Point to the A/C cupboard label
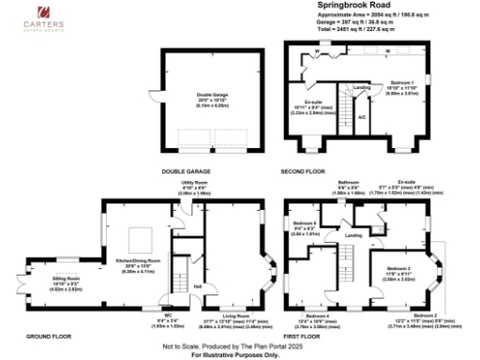(x=361, y=116)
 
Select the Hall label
(x=198, y=285)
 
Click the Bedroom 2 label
(x=425, y=315)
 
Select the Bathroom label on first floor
(x=350, y=181)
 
